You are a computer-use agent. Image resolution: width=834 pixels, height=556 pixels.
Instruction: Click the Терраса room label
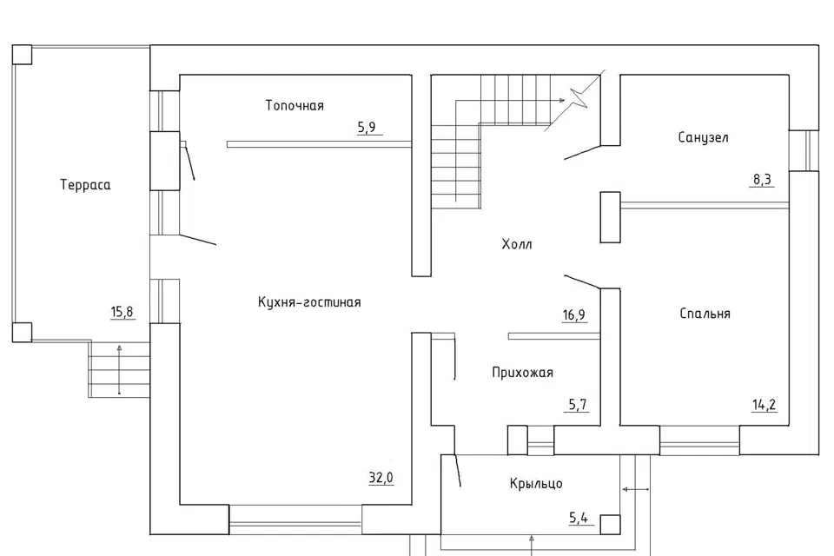[x=85, y=185]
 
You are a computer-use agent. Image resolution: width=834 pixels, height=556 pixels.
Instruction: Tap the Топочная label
[x=295, y=105]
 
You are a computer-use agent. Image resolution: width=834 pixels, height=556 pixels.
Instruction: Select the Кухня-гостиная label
[x=309, y=302]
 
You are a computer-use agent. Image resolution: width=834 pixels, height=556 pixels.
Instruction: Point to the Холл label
[x=516, y=244]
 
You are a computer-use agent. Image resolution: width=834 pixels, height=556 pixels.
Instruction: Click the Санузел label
[x=703, y=137]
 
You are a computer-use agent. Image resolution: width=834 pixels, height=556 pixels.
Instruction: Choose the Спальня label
[x=705, y=314]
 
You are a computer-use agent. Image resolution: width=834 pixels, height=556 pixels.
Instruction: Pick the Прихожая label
[x=522, y=373]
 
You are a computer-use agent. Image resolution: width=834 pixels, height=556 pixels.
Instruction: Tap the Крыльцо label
[x=536, y=484]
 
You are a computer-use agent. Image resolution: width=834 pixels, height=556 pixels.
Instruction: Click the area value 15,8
[x=122, y=311]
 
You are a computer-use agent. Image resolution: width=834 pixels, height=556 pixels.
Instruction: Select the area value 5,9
[x=367, y=127]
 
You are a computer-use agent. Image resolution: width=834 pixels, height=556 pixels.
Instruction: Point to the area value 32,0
[x=381, y=478]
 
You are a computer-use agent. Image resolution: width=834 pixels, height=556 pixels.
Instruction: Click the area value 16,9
[x=574, y=315]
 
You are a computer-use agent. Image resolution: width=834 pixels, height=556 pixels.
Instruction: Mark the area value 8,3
[x=762, y=180]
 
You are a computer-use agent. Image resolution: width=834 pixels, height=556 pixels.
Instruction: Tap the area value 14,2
[x=764, y=405]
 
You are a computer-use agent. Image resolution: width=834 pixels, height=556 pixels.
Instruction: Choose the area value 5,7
[x=578, y=405]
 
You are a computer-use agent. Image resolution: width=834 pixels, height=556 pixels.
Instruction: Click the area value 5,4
[x=579, y=517]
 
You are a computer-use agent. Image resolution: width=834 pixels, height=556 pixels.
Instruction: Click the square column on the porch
[x=610, y=525]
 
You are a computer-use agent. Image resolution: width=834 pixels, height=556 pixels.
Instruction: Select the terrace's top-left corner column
[x=22, y=55]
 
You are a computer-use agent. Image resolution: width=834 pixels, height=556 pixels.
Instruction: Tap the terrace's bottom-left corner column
[x=22, y=332]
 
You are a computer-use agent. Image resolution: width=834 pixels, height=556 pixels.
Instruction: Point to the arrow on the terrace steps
[x=119, y=370]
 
